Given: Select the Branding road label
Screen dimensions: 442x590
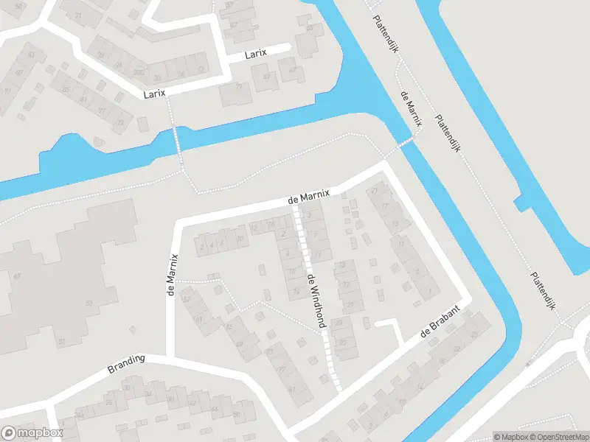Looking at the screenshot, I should click(127, 362).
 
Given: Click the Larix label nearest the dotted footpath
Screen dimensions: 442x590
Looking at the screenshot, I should click(155, 94).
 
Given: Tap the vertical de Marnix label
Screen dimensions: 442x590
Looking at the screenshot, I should click(173, 274).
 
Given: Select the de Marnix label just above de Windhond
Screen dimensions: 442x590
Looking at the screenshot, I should click(308, 197).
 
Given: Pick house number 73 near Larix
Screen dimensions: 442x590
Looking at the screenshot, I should click(119, 123).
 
